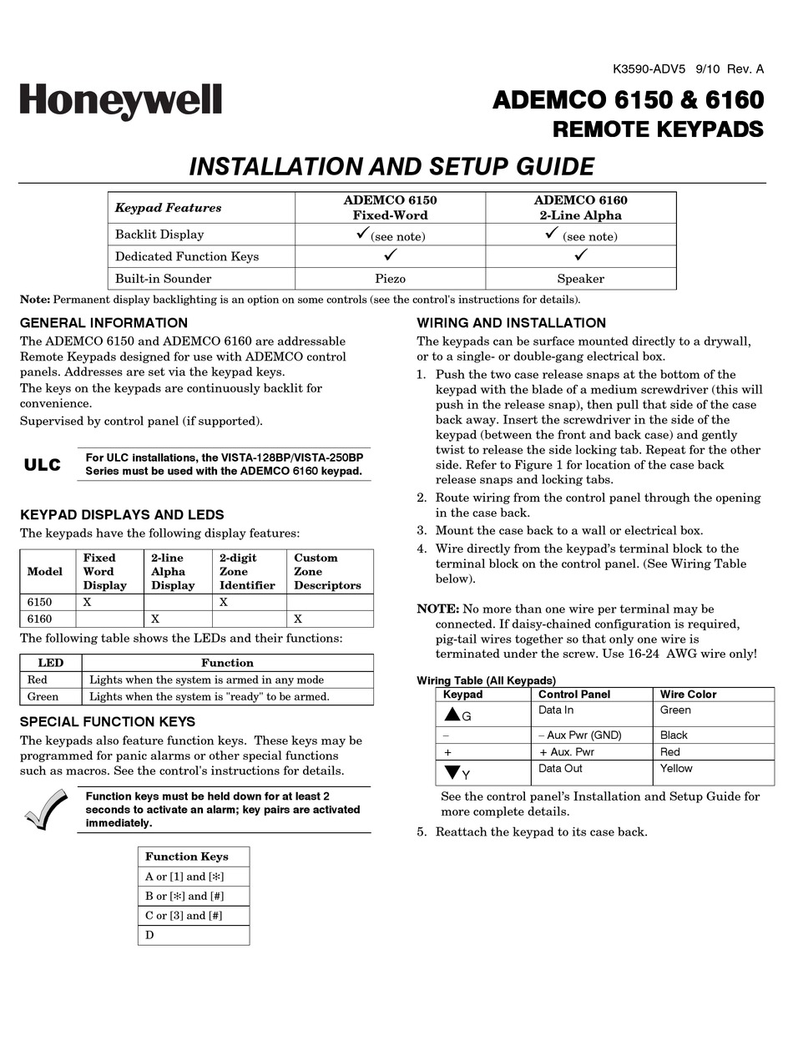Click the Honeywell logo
(x=121, y=101)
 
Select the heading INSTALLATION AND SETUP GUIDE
(x=391, y=166)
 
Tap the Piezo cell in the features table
(x=390, y=279)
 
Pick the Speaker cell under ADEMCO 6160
(x=580, y=279)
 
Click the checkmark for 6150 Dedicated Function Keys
(x=390, y=255)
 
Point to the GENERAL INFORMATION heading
(x=104, y=323)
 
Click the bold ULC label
(x=43, y=465)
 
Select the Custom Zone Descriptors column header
(x=328, y=571)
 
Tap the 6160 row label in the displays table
(x=39, y=619)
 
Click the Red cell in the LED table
(x=38, y=680)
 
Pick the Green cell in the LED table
(x=43, y=696)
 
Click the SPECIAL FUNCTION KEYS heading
(x=108, y=721)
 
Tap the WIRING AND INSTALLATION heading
(x=511, y=323)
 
